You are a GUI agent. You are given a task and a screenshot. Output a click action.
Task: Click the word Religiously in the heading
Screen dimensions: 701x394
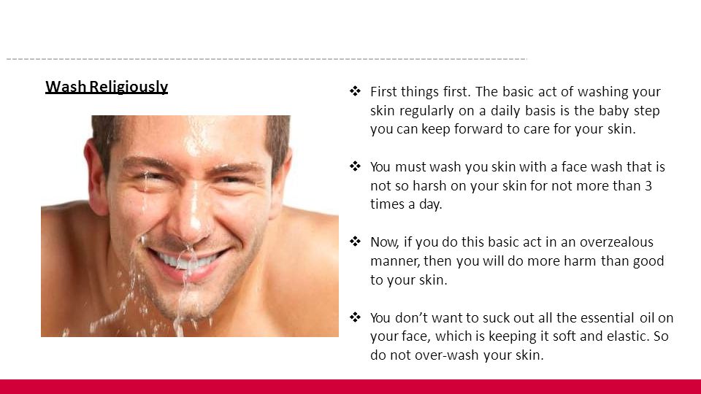coord(129,87)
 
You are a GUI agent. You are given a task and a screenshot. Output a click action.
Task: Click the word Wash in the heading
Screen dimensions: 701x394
coord(66,87)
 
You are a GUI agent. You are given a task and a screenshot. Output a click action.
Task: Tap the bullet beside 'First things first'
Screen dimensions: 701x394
coord(355,91)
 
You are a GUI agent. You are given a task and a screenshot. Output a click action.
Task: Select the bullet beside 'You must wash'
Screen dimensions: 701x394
coord(355,166)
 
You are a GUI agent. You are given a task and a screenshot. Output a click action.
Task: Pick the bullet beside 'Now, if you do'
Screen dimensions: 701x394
coord(355,242)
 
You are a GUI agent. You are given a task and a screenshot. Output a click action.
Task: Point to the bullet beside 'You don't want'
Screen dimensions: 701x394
coord(355,317)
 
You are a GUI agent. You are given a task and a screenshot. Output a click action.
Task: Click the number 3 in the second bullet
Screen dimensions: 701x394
coord(648,185)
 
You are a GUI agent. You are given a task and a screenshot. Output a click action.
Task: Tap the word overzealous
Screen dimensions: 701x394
coord(616,242)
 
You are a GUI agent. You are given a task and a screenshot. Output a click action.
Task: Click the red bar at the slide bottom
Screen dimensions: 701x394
coord(350,387)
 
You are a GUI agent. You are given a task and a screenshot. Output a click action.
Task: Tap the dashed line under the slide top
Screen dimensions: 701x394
coord(267,59)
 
